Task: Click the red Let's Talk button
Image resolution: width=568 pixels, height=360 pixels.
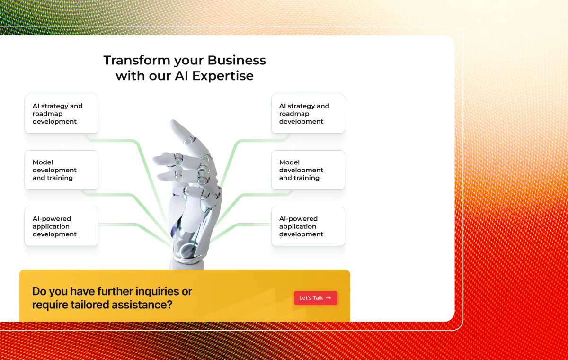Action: (x=315, y=298)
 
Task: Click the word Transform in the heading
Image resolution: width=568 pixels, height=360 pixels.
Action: (x=137, y=60)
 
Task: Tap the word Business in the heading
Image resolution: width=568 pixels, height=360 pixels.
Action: (x=237, y=60)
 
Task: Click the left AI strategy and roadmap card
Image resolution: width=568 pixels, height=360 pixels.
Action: (x=62, y=114)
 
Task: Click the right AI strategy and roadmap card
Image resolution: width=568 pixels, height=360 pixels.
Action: (x=308, y=114)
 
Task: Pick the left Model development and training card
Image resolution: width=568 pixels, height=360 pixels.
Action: (x=62, y=170)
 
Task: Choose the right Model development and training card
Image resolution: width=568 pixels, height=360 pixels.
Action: (x=308, y=170)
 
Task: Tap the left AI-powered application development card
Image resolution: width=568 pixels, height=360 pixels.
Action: (x=62, y=226)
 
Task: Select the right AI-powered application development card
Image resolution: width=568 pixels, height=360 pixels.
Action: (x=308, y=226)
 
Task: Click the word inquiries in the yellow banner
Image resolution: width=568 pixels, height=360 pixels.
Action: (x=157, y=292)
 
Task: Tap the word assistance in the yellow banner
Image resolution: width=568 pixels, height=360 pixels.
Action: (x=142, y=305)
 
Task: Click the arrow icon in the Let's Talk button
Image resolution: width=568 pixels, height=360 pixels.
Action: (x=328, y=298)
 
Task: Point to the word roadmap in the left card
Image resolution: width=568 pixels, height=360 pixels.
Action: (x=47, y=114)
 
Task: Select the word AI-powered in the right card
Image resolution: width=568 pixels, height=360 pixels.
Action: (x=298, y=219)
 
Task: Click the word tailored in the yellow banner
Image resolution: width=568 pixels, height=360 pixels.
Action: (x=90, y=305)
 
